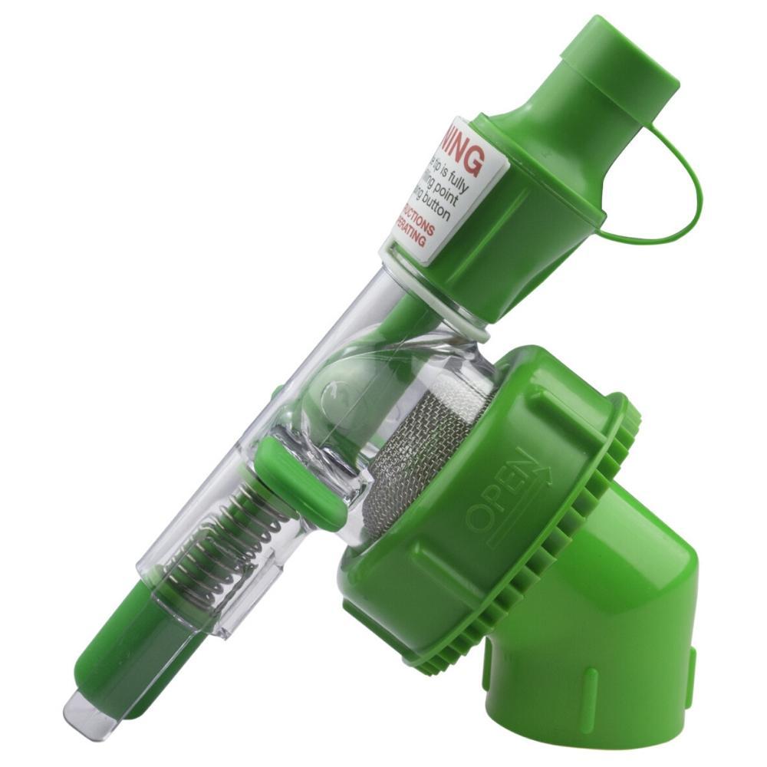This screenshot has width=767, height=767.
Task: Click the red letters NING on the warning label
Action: (463, 152)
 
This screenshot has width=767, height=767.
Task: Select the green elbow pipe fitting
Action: (614, 629)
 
